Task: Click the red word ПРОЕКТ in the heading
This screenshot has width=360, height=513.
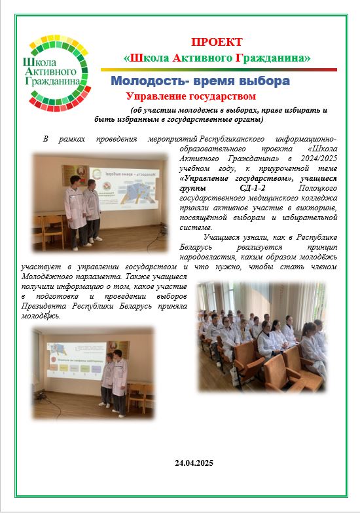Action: (x=217, y=42)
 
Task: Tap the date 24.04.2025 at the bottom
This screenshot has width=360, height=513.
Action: (x=194, y=463)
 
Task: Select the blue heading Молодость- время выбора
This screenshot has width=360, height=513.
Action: (x=200, y=81)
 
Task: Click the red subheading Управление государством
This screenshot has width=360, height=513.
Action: (x=191, y=96)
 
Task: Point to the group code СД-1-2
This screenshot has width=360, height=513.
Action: (x=251, y=188)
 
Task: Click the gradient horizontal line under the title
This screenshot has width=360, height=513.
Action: (x=219, y=69)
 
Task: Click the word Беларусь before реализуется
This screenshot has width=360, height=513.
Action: (x=196, y=247)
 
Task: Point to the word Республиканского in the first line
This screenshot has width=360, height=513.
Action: (x=232, y=139)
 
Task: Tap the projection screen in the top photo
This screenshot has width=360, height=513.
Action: (x=125, y=188)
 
